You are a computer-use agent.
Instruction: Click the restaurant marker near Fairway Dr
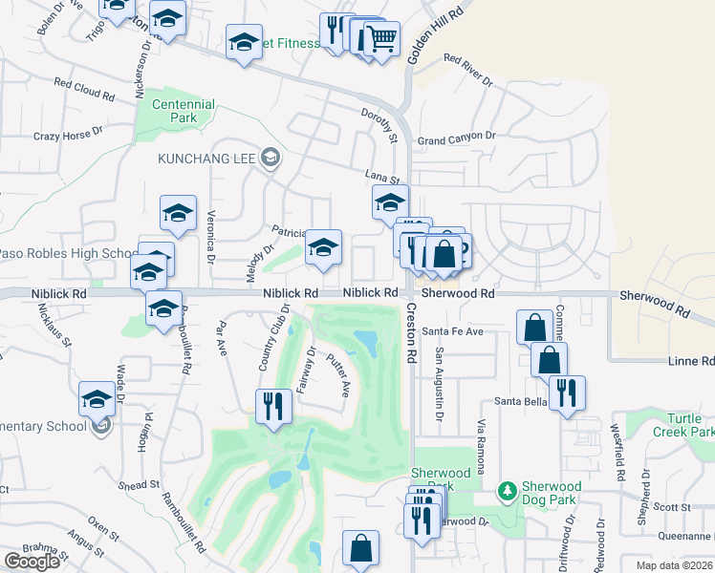273,406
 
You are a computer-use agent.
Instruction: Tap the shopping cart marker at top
380,39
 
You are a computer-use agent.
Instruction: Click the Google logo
32,561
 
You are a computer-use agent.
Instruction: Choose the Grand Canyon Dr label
457,139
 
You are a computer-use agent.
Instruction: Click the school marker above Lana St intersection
389,202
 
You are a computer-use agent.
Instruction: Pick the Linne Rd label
694,361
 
